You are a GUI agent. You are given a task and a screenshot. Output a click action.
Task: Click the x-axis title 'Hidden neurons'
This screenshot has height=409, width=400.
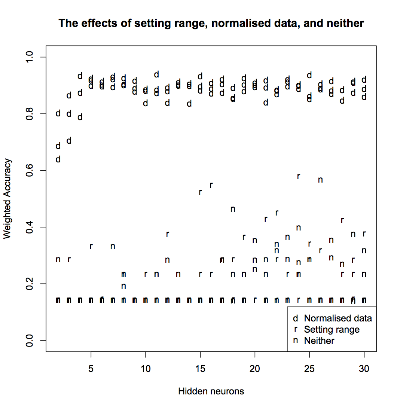tap(211, 391)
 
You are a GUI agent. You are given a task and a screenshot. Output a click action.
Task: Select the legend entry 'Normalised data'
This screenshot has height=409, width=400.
tap(338, 318)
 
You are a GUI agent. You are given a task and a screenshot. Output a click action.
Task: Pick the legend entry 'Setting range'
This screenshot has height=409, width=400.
tap(332, 330)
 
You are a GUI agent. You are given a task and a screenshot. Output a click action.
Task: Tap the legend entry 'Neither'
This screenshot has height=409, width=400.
tap(319, 341)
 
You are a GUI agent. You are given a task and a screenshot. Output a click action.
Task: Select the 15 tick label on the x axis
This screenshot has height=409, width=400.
tap(200, 369)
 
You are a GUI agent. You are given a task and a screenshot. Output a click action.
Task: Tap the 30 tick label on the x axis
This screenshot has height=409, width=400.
tap(364, 369)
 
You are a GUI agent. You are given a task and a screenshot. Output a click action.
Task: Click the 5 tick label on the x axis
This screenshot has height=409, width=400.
tap(91, 369)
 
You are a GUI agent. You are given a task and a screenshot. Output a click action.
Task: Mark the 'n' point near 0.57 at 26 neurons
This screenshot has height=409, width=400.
tap(320, 180)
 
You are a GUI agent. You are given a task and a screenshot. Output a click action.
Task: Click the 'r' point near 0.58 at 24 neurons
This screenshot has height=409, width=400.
tap(299, 177)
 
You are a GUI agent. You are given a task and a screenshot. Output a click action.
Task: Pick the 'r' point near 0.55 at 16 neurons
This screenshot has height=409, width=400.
tap(211, 185)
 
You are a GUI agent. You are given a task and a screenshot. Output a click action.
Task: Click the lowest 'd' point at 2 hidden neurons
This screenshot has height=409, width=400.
tap(58, 159)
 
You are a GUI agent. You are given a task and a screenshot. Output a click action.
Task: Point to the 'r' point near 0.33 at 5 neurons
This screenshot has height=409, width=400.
tap(91, 247)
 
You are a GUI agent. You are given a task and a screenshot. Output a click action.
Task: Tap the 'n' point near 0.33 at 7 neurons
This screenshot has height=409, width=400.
tap(113, 247)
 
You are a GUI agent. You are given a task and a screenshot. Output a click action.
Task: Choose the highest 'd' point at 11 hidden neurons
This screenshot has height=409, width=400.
tap(156, 74)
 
